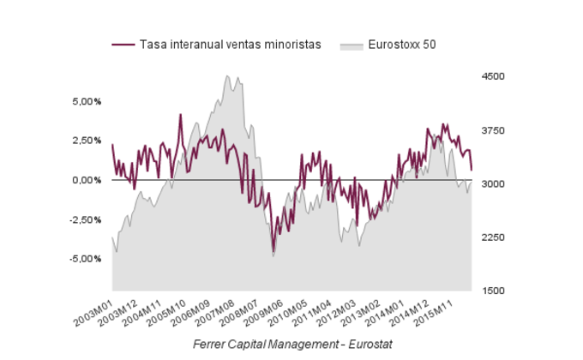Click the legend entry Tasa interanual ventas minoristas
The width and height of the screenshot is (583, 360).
coord(230,45)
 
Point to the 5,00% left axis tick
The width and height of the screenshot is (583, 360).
coord(87,101)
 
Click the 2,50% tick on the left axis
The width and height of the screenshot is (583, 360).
coord(87,141)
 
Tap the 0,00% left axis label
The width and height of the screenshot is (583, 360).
coord(87,180)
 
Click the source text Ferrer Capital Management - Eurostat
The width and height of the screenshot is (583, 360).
coord(292,344)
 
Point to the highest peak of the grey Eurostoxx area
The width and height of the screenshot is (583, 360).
coord(227,76)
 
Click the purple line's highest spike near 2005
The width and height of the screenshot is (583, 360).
coord(180,114)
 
